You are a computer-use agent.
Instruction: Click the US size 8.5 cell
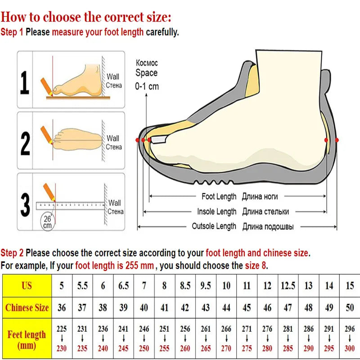[x=185, y=285]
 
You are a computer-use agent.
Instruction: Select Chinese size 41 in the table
[x=164, y=307]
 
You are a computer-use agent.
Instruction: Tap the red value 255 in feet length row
[x=164, y=348]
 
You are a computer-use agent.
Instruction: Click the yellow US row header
[x=27, y=285]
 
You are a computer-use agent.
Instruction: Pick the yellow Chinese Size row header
[x=27, y=307]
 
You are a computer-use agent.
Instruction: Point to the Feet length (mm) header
[x=27, y=338]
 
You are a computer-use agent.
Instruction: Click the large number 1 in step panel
[x=25, y=82]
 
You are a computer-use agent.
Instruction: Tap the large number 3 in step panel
[x=25, y=205]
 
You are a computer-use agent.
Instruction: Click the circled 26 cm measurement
[x=48, y=221]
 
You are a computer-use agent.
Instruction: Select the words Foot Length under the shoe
[x=219, y=197]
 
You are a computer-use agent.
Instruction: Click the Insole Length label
[x=216, y=211]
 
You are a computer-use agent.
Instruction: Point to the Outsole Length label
[x=214, y=226]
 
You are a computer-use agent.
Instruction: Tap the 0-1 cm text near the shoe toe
[x=147, y=86]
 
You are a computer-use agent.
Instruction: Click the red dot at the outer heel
[x=337, y=140]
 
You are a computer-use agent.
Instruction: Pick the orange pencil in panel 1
[x=46, y=87]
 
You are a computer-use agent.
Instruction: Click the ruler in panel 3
[x=70, y=206]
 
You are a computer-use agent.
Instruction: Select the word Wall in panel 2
[x=113, y=139]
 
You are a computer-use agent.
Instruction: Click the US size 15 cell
[x=350, y=285]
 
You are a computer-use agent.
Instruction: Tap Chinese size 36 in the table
[x=62, y=307]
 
